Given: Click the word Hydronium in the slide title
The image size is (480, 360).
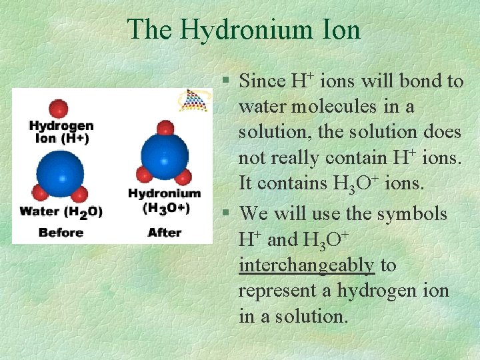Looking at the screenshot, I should tap(243, 30).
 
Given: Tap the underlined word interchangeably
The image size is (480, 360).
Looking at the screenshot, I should tap(307, 265).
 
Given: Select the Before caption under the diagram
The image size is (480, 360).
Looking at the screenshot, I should tap(61, 232).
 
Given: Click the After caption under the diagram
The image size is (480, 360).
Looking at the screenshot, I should tap(164, 232).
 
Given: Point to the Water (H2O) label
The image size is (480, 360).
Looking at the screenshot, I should tap(61, 211).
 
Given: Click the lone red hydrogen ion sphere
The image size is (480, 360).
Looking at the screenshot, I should tap(59, 108).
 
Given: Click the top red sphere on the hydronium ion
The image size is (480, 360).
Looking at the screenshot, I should tap(165, 127).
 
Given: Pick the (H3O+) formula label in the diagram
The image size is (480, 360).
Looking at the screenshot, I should tap(164, 207).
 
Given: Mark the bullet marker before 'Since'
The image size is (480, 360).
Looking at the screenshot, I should tap(227, 81).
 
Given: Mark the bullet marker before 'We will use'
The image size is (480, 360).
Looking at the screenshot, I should tap(227, 214).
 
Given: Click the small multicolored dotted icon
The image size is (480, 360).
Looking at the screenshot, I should tap(193, 100).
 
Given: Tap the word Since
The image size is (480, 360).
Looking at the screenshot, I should tap(261, 81).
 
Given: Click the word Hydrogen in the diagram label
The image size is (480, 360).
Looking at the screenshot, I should tap(61, 126).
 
